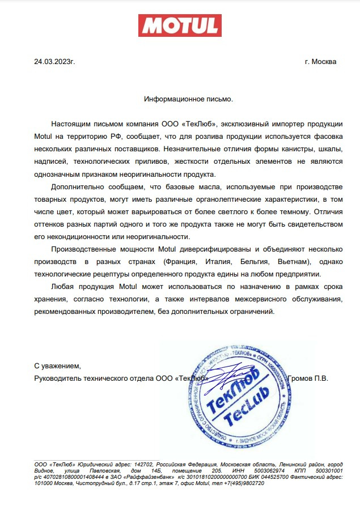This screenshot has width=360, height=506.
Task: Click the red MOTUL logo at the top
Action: pos(180,25)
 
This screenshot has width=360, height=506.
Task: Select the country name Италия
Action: pos(226,262)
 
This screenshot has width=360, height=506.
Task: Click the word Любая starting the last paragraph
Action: pos(63,287)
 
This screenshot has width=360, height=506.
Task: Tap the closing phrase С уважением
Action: pos(58,365)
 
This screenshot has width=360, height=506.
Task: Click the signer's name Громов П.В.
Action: pos(308,378)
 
